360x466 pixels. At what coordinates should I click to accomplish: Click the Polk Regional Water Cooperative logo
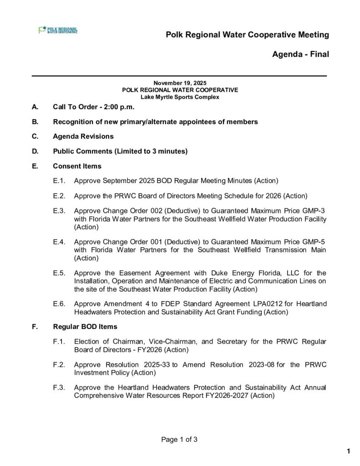(58, 30)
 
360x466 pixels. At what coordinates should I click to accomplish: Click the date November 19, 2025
(180, 83)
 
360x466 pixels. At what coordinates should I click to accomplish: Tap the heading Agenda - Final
(300, 54)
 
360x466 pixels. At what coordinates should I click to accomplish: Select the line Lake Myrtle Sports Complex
(180, 97)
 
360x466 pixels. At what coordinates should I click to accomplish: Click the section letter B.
(35, 122)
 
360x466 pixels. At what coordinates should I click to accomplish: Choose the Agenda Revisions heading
(83, 137)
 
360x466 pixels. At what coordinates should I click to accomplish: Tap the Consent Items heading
(77, 166)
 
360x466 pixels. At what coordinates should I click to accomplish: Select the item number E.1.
(59, 181)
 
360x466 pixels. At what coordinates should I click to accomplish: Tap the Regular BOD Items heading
(85, 326)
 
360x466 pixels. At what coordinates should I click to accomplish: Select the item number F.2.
(59, 365)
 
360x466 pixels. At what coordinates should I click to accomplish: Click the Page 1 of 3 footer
(180, 440)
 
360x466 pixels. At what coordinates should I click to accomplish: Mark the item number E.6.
(59, 304)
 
